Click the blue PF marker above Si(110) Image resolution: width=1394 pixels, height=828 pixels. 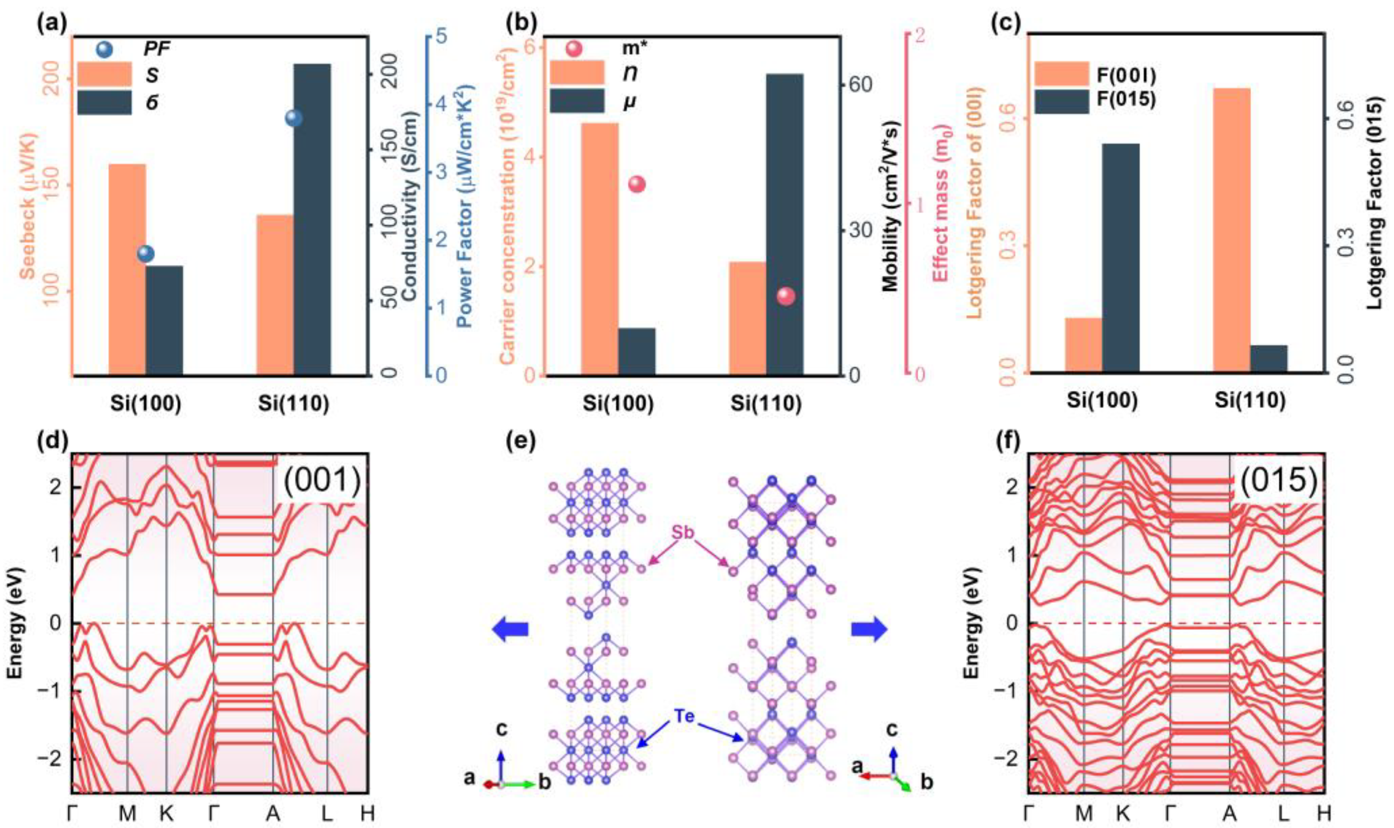[293, 118]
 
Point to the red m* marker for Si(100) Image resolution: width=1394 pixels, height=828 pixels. [636, 185]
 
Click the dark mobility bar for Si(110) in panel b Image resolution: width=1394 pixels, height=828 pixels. [784, 223]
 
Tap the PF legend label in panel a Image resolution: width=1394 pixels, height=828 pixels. [157, 49]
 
